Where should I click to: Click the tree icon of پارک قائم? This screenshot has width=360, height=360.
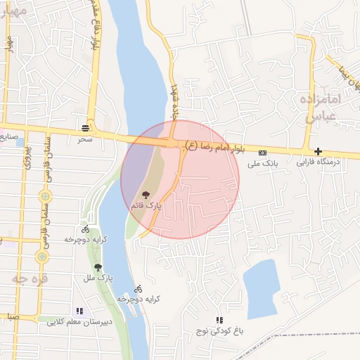coord(146,194)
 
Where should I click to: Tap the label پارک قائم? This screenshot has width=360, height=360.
coord(146,206)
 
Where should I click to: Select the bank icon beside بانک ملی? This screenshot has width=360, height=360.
coord(263,153)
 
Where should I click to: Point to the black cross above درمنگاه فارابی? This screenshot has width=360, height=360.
coord(319,151)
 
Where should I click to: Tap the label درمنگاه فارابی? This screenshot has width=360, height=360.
coord(319,162)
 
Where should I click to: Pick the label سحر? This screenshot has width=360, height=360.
coord(86,140)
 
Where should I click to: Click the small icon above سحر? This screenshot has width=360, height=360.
coord(86,128)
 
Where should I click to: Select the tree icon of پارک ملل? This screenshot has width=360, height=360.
coord(97,267)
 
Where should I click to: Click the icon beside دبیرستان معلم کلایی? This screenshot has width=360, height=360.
coord(79,311)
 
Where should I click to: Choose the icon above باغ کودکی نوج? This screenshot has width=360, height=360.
coord(219,320)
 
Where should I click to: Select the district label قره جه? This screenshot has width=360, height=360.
coord(25,278)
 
